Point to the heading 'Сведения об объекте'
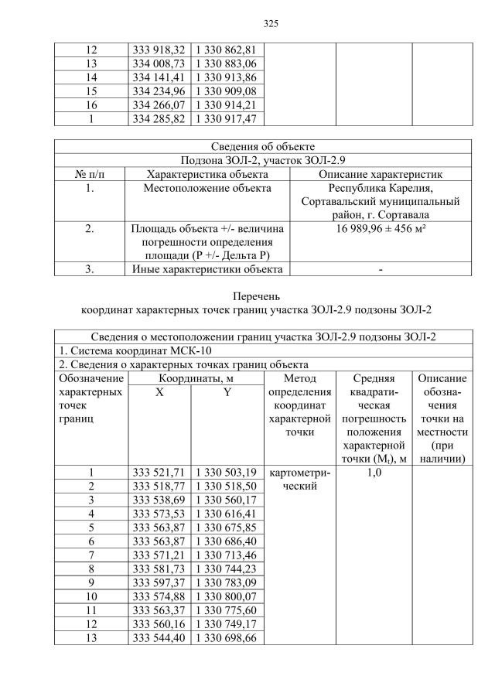coord(262,146)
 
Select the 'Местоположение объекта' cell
coord(208,188)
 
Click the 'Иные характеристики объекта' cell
coord(208,269)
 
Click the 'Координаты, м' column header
coord(196,378)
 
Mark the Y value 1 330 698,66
coord(227,638)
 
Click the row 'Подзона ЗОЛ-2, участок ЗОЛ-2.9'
coord(262,160)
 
